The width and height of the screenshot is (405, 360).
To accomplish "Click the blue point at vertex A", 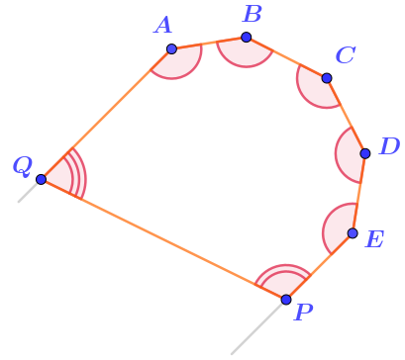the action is click(171, 49).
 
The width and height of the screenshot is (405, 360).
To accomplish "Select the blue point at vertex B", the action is click(247, 38).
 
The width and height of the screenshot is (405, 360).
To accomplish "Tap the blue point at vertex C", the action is click(327, 78).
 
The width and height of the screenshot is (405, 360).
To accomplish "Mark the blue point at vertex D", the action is click(365, 153).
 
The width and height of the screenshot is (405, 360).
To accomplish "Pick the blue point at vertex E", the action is click(353, 233).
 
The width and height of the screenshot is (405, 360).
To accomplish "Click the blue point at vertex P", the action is click(286, 300).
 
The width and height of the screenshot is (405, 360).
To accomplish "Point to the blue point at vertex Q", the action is click(42, 180).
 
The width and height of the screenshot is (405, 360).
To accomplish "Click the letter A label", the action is click(163, 26).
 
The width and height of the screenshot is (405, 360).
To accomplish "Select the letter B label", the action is click(253, 15).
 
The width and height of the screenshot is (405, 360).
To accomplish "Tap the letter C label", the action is click(346, 55).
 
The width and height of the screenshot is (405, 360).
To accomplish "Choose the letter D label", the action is click(390, 146).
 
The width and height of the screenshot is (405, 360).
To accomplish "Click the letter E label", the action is click(374, 239).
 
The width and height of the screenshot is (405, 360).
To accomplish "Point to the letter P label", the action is click(303, 312).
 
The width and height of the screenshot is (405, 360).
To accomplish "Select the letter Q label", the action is click(23, 166).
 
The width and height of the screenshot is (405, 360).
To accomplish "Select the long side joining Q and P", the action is click(163, 239).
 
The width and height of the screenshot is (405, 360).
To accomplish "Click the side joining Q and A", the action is click(106, 115).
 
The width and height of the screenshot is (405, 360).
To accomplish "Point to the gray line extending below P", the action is click(256, 328).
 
